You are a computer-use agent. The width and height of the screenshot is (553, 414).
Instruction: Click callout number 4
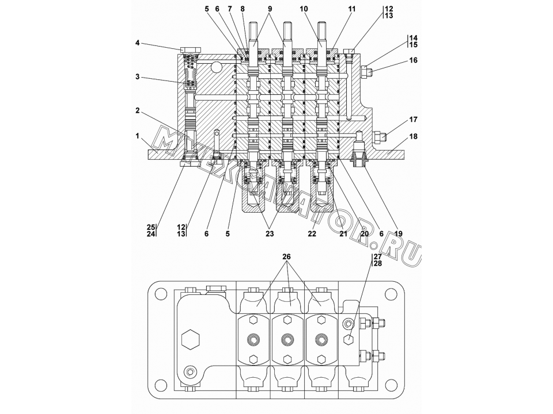point(138,43)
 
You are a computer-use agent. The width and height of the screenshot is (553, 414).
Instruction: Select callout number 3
point(138,76)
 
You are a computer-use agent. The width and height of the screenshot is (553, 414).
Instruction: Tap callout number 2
point(138,110)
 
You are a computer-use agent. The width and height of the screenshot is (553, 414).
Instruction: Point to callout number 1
point(138,136)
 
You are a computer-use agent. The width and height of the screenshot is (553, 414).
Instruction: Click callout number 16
point(414,60)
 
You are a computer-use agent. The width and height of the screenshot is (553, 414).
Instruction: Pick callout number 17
point(414,120)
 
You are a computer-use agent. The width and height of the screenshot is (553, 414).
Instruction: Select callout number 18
point(414,136)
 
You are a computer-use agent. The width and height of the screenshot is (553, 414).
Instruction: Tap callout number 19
point(399,233)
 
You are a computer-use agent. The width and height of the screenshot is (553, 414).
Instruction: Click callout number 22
point(312,233)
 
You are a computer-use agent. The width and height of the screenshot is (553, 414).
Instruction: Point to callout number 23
point(270,233)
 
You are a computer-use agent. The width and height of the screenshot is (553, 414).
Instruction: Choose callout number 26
point(286,257)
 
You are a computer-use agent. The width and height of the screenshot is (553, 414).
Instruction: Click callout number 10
point(304,9)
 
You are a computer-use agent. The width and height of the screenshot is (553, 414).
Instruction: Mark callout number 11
point(352,9)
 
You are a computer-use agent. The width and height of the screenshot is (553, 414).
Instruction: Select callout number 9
point(270,9)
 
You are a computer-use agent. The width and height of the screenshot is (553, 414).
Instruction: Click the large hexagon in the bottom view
point(191,339)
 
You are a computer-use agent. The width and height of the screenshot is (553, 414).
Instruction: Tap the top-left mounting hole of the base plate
point(161,294)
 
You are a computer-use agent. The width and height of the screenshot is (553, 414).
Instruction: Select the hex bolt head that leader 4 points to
point(191,49)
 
